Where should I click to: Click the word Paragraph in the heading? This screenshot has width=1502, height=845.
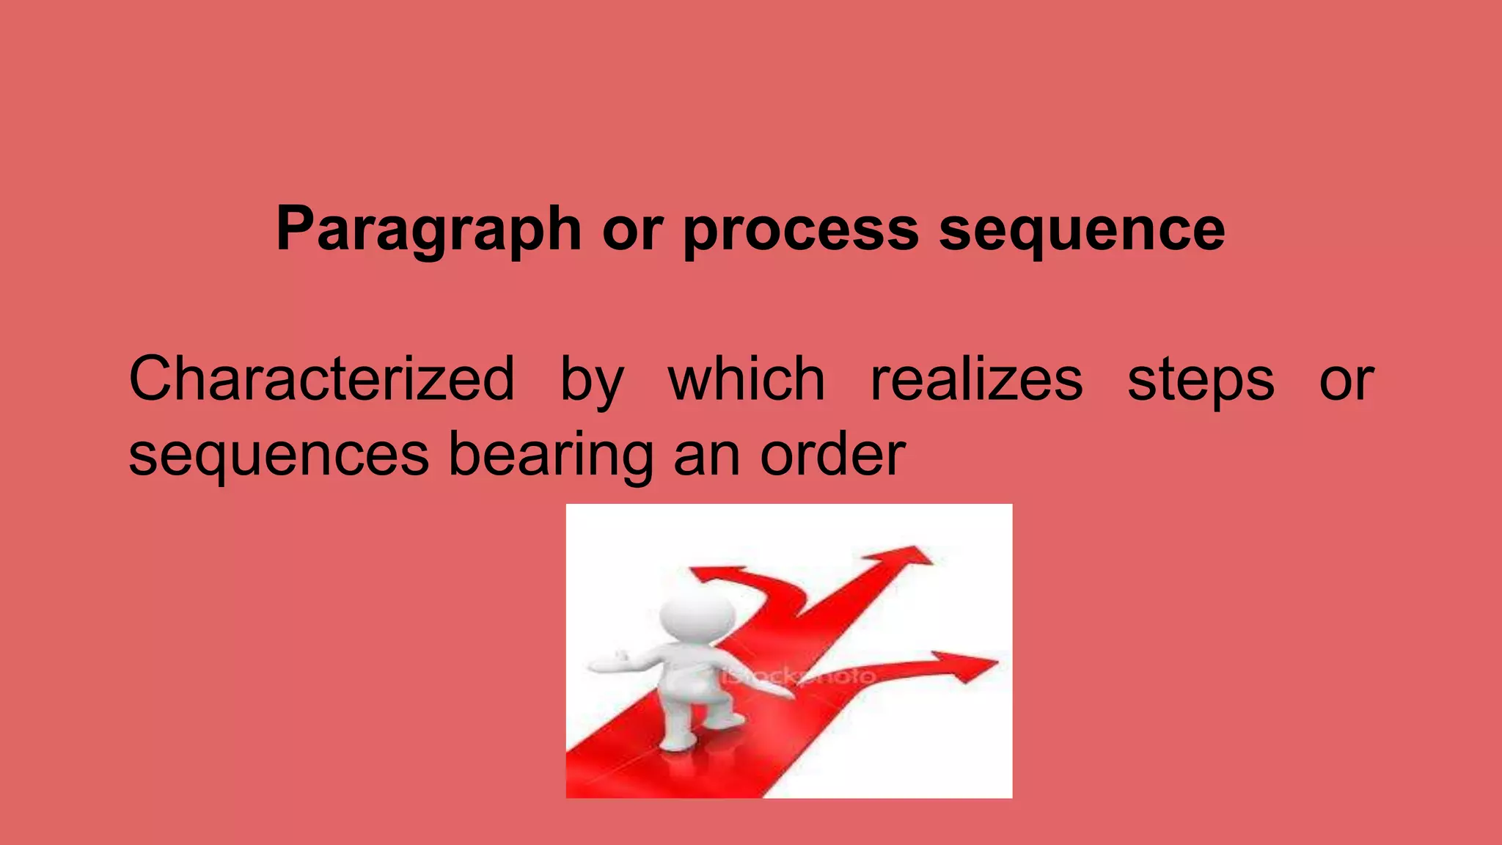(x=428, y=230)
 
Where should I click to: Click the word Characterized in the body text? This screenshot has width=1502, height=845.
(x=321, y=379)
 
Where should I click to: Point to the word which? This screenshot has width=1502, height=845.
(x=746, y=379)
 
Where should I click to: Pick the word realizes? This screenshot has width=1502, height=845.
(x=976, y=379)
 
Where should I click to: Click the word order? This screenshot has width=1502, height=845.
(x=832, y=455)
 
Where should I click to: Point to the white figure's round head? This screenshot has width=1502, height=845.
(x=696, y=613)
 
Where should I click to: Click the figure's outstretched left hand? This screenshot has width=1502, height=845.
(x=605, y=663)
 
